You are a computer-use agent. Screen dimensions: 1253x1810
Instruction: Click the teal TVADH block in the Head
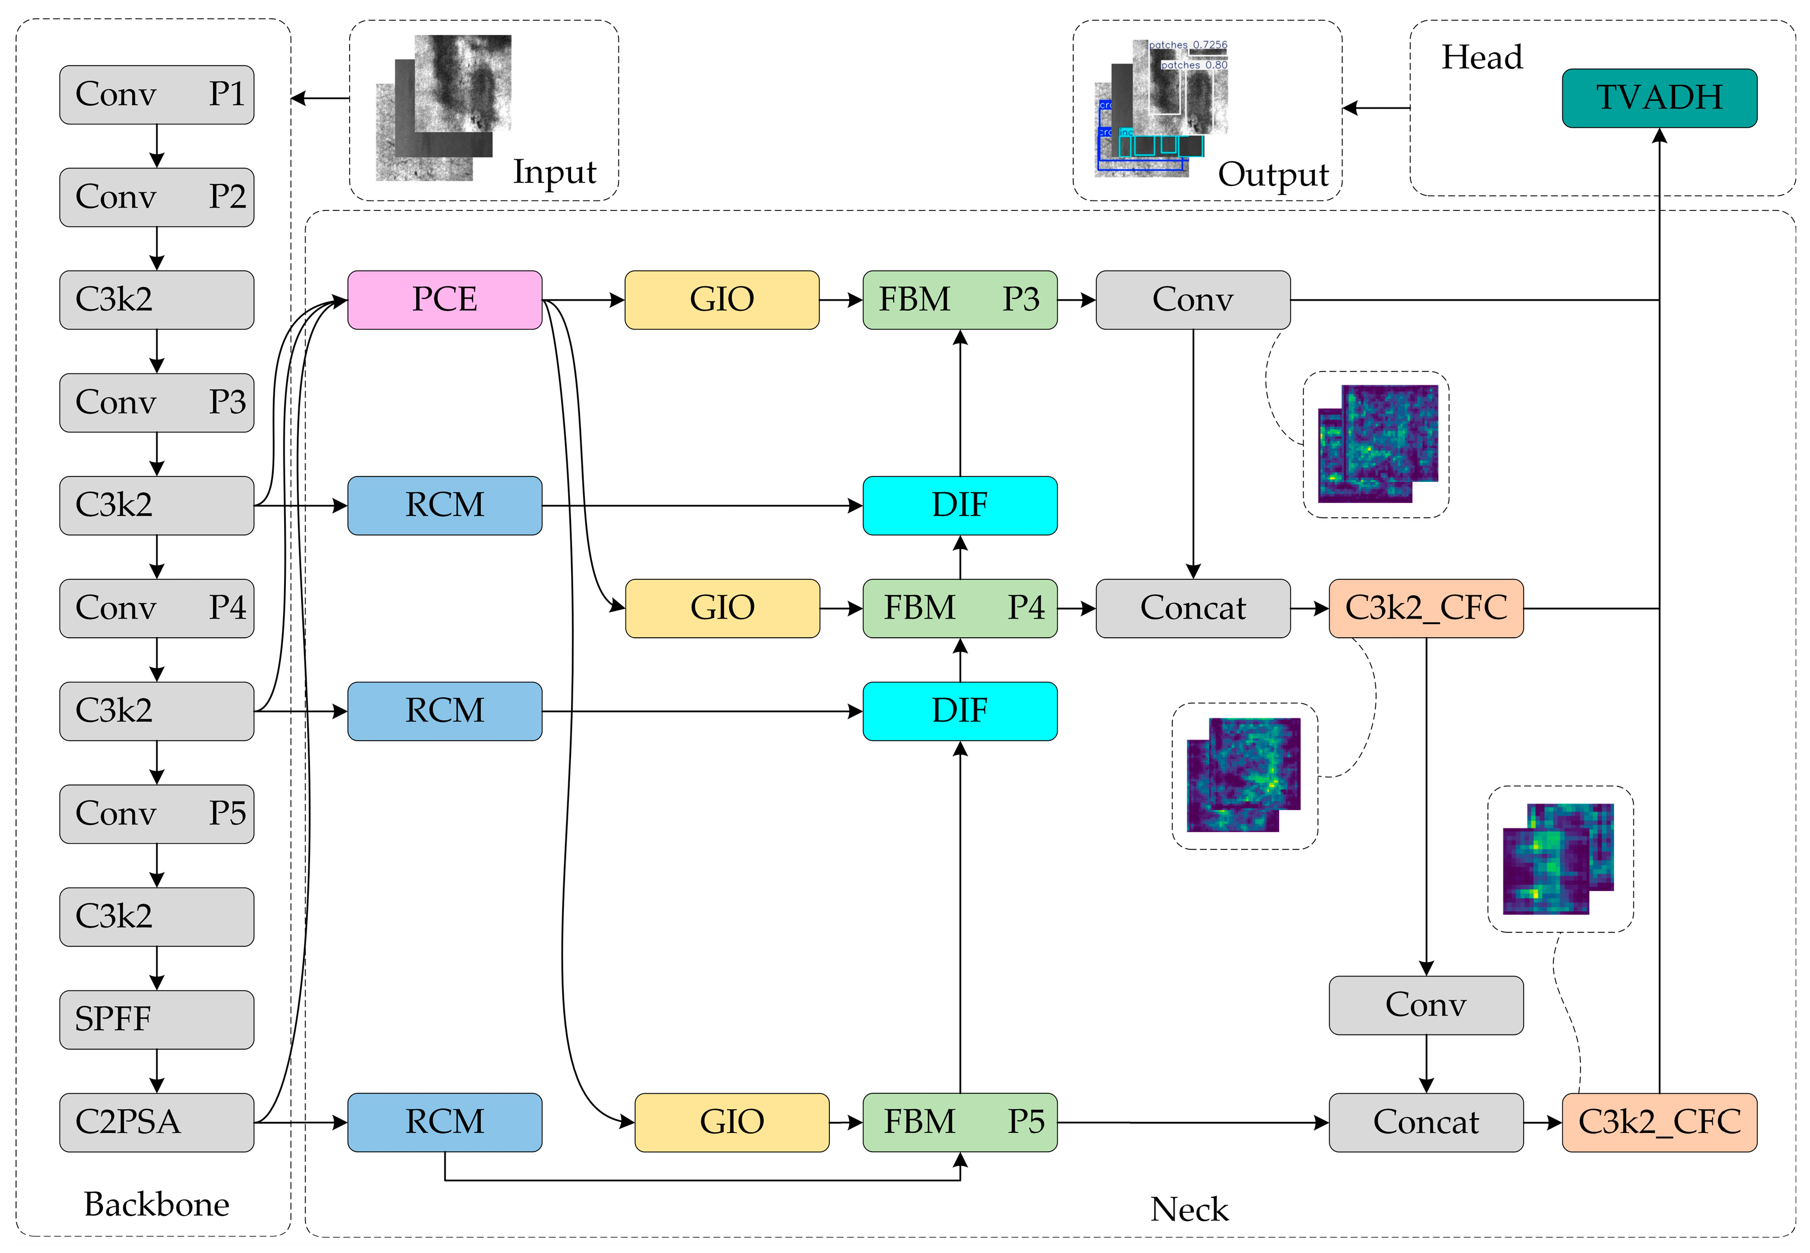[1659, 98]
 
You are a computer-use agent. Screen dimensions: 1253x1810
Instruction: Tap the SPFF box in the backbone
[156, 1019]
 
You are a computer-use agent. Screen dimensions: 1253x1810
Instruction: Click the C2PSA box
[156, 1122]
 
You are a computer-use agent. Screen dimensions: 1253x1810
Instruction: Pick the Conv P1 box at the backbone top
[156, 95]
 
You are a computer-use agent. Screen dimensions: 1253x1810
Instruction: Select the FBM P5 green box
[959, 1122]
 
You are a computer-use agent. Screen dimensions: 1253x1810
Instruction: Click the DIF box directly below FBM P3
[959, 506]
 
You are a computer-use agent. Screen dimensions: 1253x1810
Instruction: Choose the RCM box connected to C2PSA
[444, 1122]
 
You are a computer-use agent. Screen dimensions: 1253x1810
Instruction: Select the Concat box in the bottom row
[1426, 1122]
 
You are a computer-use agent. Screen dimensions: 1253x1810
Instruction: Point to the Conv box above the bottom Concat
[1426, 1005]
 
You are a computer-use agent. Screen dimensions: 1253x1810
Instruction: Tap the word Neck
[1188, 1209]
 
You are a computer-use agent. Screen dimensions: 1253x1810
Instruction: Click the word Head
[1481, 57]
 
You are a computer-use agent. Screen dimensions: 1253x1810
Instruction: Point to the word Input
[554, 172]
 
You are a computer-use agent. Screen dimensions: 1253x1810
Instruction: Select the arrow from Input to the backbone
[320, 98]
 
